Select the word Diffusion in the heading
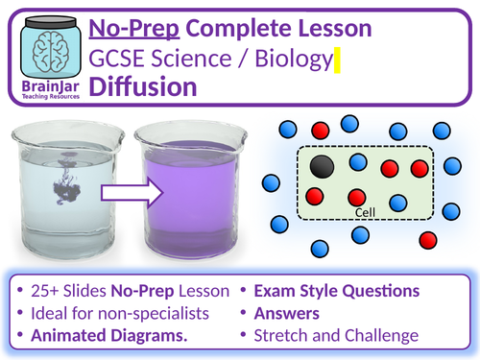[143, 86]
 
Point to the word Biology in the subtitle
[292, 58]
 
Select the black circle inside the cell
[324, 166]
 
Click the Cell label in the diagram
[364, 213]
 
